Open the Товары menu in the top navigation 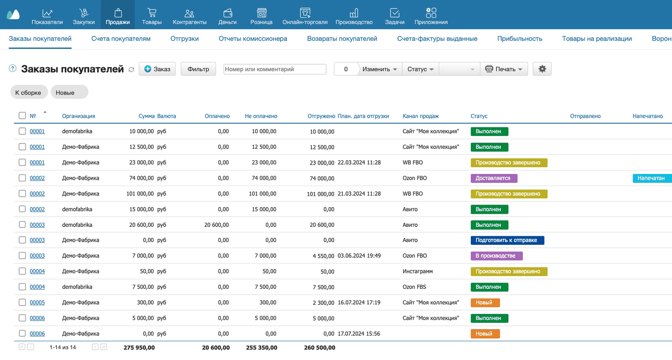[151, 16]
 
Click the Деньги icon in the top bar [228, 13]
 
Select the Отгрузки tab [185, 39]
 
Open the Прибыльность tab [520, 39]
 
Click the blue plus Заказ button [157, 69]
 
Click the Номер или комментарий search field [275, 69]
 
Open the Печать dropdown [504, 69]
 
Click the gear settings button [542, 69]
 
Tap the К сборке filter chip [29, 92]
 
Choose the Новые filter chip [69, 92]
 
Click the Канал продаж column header [421, 116]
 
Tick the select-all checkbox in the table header [22, 116]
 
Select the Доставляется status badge [494, 178]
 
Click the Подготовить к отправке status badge [507, 240]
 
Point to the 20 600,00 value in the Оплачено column [216, 225]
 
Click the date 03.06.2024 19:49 [359, 256]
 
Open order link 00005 [37, 303]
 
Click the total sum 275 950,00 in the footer [139, 348]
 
